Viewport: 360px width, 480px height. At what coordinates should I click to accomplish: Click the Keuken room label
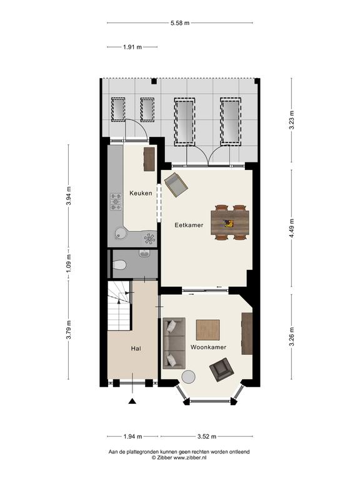(x=141, y=193)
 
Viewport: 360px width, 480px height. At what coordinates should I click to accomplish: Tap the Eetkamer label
(x=189, y=225)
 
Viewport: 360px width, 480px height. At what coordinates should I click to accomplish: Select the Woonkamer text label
(x=208, y=347)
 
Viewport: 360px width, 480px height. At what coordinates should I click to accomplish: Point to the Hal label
(x=136, y=348)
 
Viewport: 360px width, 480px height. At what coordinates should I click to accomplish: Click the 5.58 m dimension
(x=180, y=22)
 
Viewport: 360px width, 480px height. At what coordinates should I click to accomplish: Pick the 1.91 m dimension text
(x=132, y=47)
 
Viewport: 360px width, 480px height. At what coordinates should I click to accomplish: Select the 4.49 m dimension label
(x=292, y=228)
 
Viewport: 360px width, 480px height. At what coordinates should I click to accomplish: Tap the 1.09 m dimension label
(x=69, y=264)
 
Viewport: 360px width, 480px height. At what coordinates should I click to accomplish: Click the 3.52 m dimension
(x=207, y=436)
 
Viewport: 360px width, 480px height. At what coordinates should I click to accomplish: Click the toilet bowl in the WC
(x=119, y=265)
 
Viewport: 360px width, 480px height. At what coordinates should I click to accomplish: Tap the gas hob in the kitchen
(x=116, y=202)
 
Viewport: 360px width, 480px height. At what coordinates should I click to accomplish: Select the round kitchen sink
(x=121, y=234)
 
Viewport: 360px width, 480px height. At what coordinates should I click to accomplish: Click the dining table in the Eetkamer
(x=230, y=222)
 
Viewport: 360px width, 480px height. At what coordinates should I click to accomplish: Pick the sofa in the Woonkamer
(x=174, y=343)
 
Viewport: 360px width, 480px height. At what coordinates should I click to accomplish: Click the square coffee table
(x=208, y=330)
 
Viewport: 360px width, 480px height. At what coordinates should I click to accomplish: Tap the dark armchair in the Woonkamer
(x=222, y=369)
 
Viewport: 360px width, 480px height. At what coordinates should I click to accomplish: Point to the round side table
(x=188, y=377)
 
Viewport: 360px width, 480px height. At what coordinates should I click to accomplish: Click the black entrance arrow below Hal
(x=132, y=401)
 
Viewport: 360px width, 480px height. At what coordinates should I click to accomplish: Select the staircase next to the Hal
(x=119, y=306)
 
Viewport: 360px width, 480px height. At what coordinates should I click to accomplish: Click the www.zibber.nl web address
(x=190, y=457)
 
